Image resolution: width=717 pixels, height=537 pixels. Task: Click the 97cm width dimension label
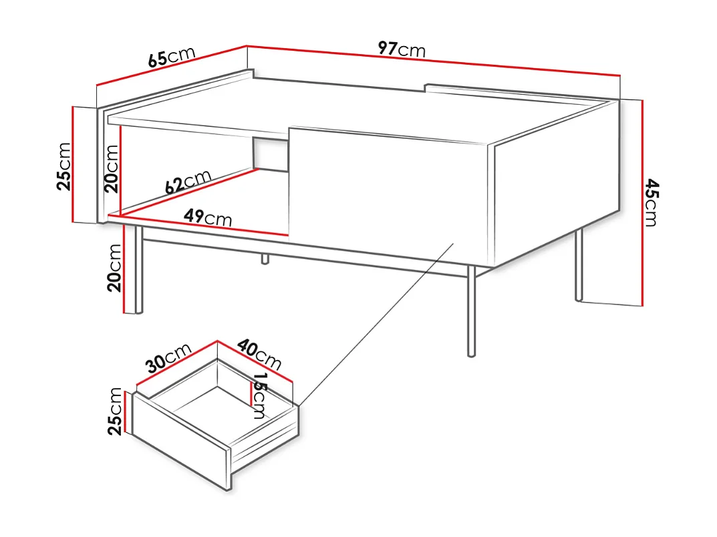(x=401, y=49)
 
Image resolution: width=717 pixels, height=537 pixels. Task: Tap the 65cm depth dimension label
(x=171, y=57)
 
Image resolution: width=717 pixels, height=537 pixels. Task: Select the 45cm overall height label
(x=651, y=203)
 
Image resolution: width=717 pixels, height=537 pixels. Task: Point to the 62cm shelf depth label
(x=188, y=182)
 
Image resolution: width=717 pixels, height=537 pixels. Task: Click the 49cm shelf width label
(x=208, y=217)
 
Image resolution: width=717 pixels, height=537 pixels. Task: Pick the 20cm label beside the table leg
(x=114, y=267)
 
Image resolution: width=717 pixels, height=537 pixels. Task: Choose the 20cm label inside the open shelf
(x=111, y=168)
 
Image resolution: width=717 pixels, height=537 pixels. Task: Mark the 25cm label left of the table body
(x=63, y=166)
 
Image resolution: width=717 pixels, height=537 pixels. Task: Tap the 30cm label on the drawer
(x=169, y=359)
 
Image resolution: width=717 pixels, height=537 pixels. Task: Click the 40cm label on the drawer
(x=260, y=355)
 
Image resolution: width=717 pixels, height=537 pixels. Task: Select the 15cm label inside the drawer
(x=259, y=395)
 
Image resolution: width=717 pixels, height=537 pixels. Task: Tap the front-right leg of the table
(x=471, y=311)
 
